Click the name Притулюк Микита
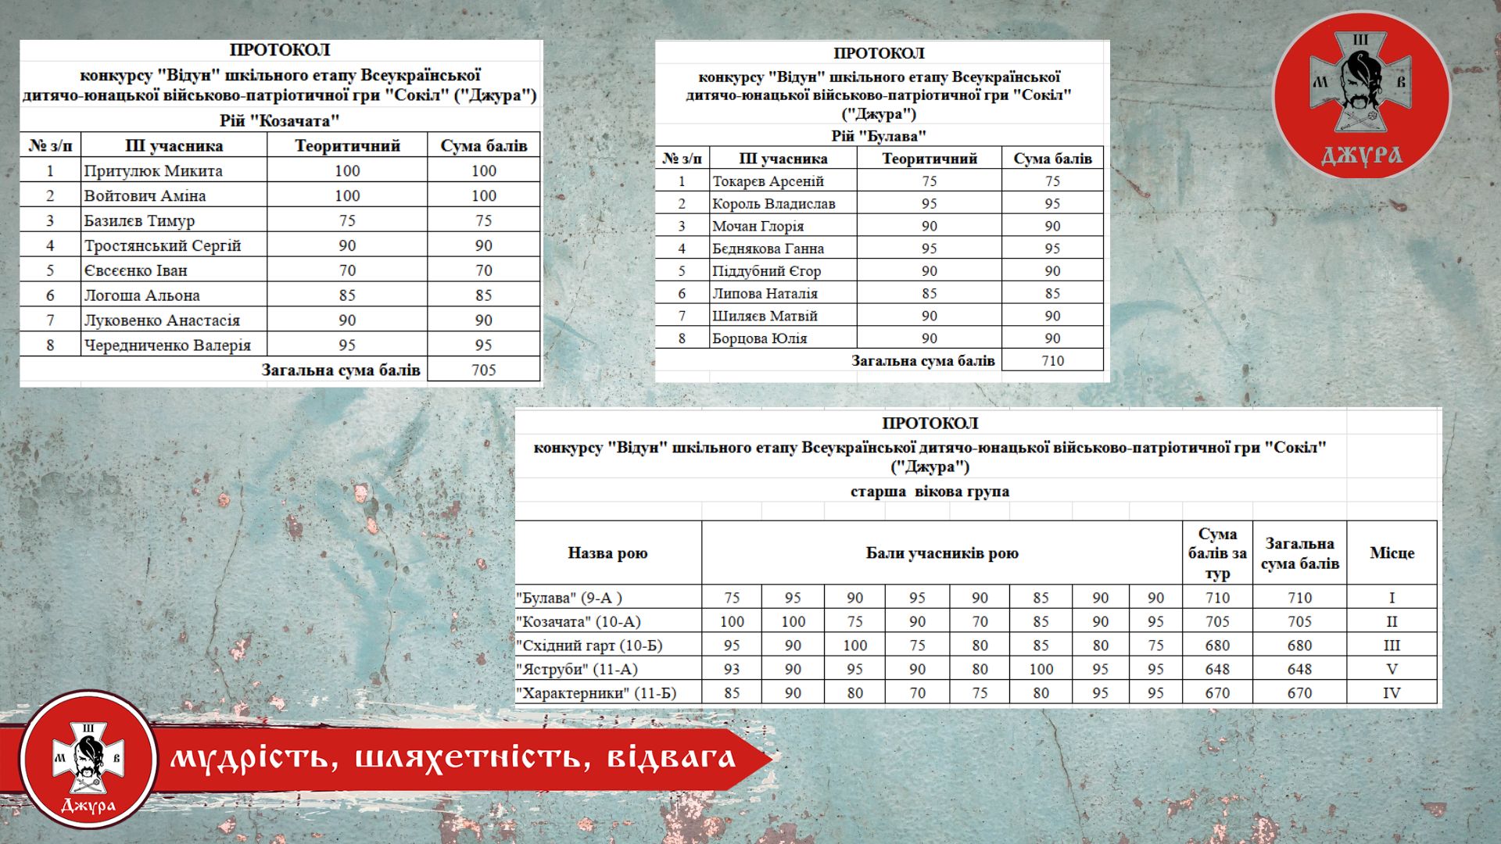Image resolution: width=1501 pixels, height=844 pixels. pyautogui.click(x=153, y=170)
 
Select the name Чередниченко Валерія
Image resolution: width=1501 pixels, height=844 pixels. pyautogui.click(x=167, y=345)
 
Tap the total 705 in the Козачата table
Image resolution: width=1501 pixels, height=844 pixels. pyautogui.click(x=483, y=370)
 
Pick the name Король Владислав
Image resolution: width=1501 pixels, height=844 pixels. pyautogui.click(x=773, y=204)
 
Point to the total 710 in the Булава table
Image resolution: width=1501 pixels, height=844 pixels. pyautogui.click(x=1052, y=360)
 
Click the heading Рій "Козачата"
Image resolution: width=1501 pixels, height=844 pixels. pyautogui.click(x=280, y=120)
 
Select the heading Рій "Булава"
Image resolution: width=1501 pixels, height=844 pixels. pyautogui.click(x=879, y=136)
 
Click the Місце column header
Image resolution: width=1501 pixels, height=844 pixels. pyautogui.click(x=1392, y=553)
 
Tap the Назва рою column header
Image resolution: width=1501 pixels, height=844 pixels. pyautogui.click(x=607, y=553)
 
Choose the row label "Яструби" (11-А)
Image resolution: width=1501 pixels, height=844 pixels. pyautogui.click(x=577, y=669)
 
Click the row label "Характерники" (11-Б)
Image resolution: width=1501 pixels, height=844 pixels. pyautogui.click(x=596, y=693)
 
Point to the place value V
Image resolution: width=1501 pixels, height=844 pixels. pyautogui.click(x=1392, y=669)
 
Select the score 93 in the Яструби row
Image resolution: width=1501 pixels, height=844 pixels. pyautogui.click(x=732, y=669)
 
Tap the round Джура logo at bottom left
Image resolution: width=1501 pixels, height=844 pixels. pyautogui.click(x=88, y=759)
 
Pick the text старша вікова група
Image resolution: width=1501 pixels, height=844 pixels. pyautogui.click(x=930, y=492)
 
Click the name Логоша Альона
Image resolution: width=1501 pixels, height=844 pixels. pyautogui.click(x=142, y=295)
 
